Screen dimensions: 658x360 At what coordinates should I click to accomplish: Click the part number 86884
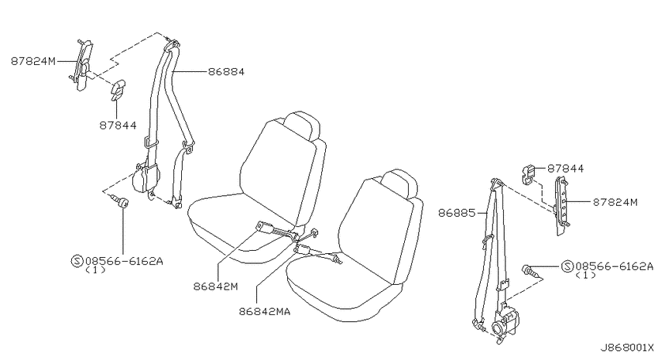coord(226,72)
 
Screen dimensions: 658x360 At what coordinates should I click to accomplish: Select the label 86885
coord(457,213)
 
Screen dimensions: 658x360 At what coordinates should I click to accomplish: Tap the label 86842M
coord(216,286)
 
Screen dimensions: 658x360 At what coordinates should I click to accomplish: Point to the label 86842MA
coord(265,312)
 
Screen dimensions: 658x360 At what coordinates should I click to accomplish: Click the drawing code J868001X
coord(626,348)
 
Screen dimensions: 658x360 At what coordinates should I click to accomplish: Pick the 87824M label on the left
coord(33,61)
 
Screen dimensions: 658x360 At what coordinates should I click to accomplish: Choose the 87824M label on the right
coord(615,202)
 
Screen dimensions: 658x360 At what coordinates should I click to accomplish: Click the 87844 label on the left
coord(118,125)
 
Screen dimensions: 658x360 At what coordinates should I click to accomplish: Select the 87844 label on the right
coord(565,169)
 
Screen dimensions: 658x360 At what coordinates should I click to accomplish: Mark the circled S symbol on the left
coord(77,262)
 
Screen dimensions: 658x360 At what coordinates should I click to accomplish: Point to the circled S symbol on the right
coord(567,266)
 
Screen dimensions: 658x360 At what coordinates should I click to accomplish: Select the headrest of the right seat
coord(400,183)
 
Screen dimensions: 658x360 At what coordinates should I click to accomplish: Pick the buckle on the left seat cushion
coord(266,228)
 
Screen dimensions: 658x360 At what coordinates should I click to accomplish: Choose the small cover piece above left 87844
coord(118,89)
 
